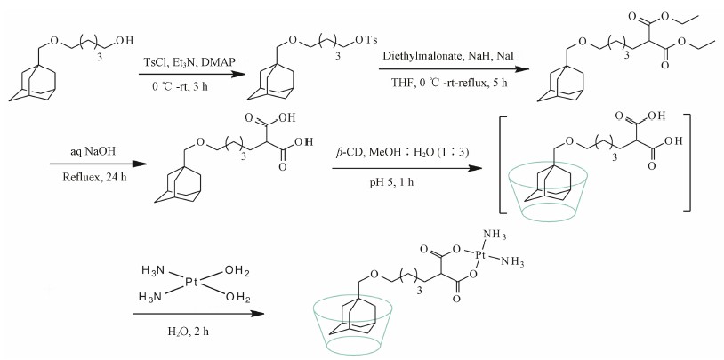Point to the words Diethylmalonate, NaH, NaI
click(447, 56)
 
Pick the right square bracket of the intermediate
click(688, 162)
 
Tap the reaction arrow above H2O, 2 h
click(197, 313)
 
